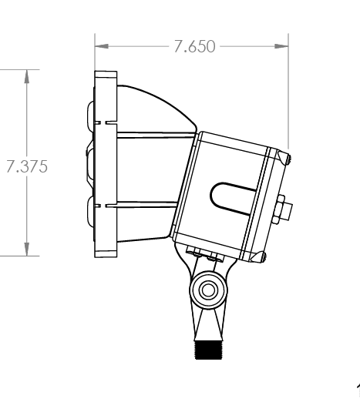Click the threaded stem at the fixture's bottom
click(x=207, y=351)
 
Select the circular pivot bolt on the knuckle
click(x=207, y=290)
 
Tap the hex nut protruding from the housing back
click(x=284, y=209)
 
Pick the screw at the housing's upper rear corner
click(x=286, y=159)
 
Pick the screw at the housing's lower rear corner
click(x=264, y=256)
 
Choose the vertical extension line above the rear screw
click(x=288, y=92)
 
